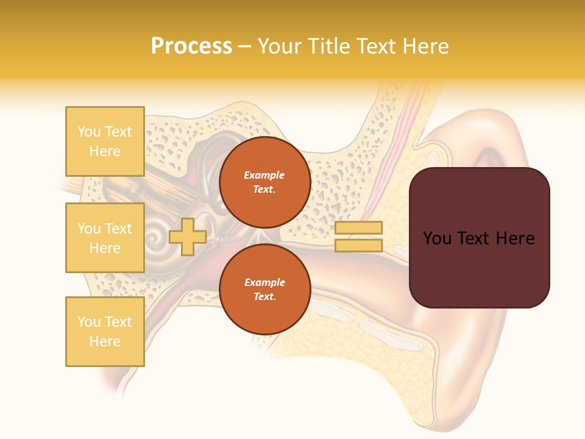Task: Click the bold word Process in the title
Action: click(191, 46)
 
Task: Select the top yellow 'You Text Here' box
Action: click(105, 141)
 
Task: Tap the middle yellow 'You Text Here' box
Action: click(105, 238)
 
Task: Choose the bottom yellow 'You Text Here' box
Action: click(105, 332)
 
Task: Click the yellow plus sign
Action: click(188, 237)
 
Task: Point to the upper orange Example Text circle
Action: click(264, 182)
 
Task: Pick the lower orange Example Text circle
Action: click(264, 290)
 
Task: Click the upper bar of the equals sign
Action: click(358, 228)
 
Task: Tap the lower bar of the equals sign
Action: click(358, 246)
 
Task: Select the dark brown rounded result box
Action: click(479, 238)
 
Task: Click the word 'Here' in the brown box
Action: click(515, 238)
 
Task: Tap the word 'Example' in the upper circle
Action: click(264, 175)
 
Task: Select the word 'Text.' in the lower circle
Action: click(264, 297)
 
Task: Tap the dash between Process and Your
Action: click(245, 47)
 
